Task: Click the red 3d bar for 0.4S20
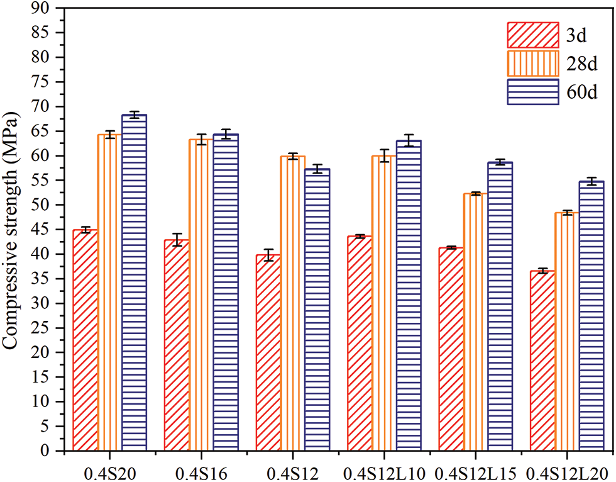pyautogui.click(x=85, y=340)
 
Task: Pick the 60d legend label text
pyautogui.click(x=579, y=92)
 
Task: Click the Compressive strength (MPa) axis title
pyautogui.click(x=13, y=230)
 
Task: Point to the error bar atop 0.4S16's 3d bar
pyautogui.click(x=177, y=240)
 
